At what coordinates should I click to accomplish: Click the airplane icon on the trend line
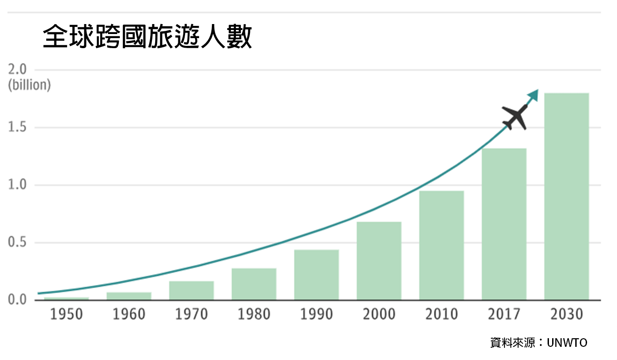click(514, 117)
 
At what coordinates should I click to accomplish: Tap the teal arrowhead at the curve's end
click(534, 95)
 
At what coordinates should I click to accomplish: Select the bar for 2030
click(567, 196)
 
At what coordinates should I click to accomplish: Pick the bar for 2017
click(504, 224)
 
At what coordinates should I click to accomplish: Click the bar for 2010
click(441, 245)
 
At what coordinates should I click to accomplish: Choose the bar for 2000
click(379, 261)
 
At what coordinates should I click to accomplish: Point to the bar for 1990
click(317, 275)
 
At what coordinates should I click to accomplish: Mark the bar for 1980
click(254, 284)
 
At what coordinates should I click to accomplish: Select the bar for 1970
click(191, 291)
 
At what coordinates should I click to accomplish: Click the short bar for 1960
click(129, 296)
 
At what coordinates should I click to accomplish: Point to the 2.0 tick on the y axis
click(17, 69)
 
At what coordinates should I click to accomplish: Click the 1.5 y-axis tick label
click(17, 127)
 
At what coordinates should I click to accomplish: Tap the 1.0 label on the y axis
click(17, 185)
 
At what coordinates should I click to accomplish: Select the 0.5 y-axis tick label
click(17, 242)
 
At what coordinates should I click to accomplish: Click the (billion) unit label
click(29, 85)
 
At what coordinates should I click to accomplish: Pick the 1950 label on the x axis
click(66, 314)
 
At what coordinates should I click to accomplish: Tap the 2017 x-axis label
click(504, 314)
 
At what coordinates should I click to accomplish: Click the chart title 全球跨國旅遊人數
click(147, 36)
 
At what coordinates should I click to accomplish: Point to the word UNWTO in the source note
click(567, 343)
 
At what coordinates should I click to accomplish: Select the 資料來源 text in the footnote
click(512, 343)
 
